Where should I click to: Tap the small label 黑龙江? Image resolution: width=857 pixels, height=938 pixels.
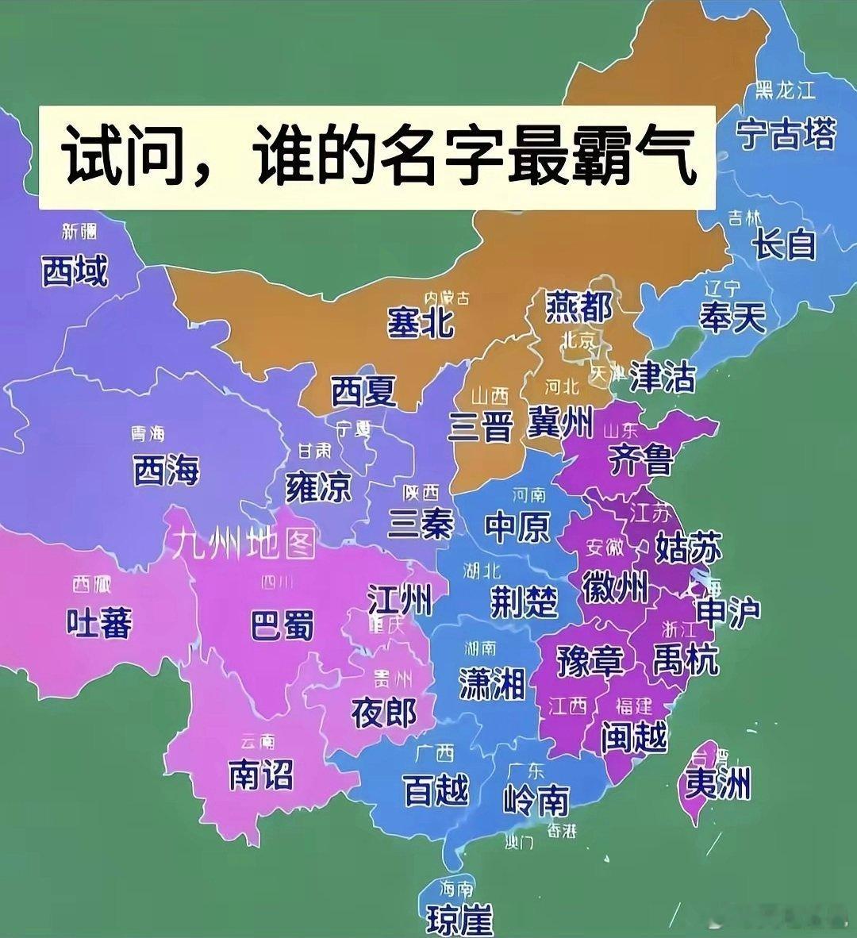pyautogui.click(x=785, y=90)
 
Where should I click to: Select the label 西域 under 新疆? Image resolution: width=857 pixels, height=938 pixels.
pyautogui.click(x=74, y=271)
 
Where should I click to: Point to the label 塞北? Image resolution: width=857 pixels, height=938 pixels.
pyautogui.click(x=421, y=322)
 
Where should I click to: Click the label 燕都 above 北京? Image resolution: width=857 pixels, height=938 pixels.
pyautogui.click(x=579, y=307)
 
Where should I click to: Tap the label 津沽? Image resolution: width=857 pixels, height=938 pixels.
pyautogui.click(x=662, y=378)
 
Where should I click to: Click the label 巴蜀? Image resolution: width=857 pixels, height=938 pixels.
pyautogui.click(x=282, y=625)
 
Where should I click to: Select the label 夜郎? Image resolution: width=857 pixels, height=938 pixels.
pyautogui.click(x=384, y=713)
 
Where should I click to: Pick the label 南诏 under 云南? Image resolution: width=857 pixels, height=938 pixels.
pyautogui.click(x=261, y=774)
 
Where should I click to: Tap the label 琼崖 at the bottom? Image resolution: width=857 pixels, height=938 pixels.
pyautogui.click(x=459, y=920)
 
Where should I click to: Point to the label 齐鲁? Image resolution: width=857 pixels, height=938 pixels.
pyautogui.click(x=640, y=459)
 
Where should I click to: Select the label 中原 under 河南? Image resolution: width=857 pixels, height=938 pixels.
pyautogui.click(x=517, y=526)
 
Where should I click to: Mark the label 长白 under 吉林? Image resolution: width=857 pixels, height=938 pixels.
pyautogui.click(x=784, y=243)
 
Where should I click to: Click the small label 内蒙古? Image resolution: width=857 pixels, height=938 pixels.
pyautogui.click(x=446, y=298)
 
